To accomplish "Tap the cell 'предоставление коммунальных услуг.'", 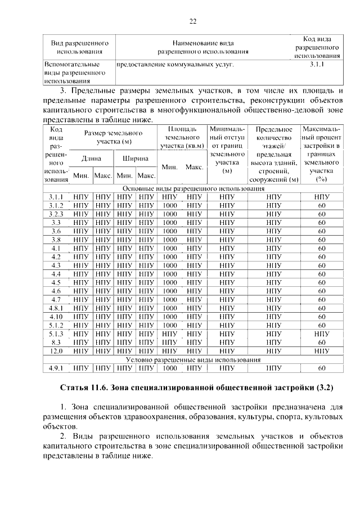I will [x=174, y=65].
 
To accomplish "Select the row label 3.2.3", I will [x=56, y=214].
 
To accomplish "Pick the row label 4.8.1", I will [x=56, y=308].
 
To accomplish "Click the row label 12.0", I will [x=56, y=351].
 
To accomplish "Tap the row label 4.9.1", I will [x=56, y=368].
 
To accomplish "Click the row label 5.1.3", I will [x=56, y=334].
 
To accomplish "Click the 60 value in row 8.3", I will [x=322, y=342].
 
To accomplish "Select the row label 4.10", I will [x=56, y=317].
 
